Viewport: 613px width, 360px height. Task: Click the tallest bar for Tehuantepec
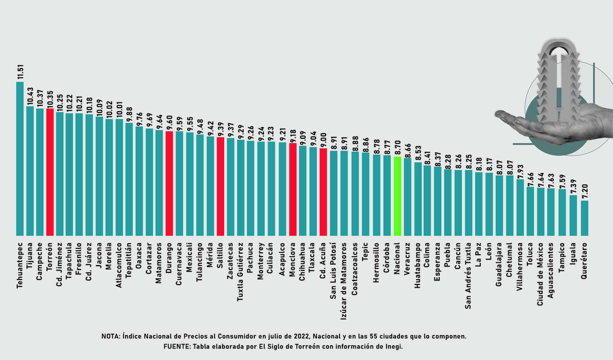click(x=20, y=158)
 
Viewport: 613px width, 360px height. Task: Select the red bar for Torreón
click(x=50, y=172)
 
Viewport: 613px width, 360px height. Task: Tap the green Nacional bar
click(x=397, y=196)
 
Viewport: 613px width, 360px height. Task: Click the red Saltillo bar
click(x=220, y=187)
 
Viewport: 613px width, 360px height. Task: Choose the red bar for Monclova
click(x=293, y=189)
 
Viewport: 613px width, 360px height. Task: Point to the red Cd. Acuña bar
click(x=323, y=191)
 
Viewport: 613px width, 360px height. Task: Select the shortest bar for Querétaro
click(x=585, y=218)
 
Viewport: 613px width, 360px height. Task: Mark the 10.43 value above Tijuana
click(x=30, y=96)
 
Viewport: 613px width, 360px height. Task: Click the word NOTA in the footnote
click(x=111, y=337)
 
